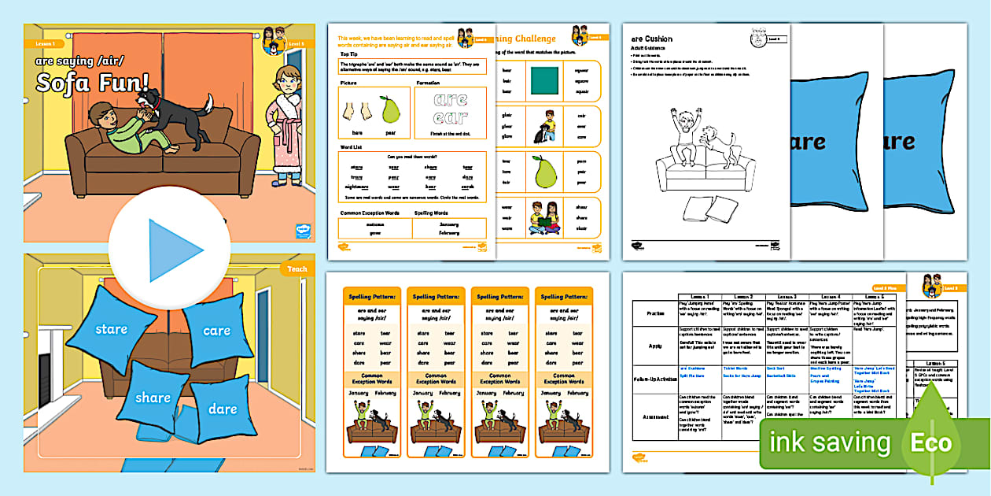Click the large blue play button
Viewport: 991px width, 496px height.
(170, 251)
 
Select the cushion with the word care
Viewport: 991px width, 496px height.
(216, 331)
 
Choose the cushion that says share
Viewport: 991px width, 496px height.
(153, 398)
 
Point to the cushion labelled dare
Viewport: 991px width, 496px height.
(222, 409)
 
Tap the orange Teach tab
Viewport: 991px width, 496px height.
(297, 268)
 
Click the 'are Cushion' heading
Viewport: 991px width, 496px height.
(652, 39)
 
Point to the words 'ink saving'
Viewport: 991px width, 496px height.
(831, 442)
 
